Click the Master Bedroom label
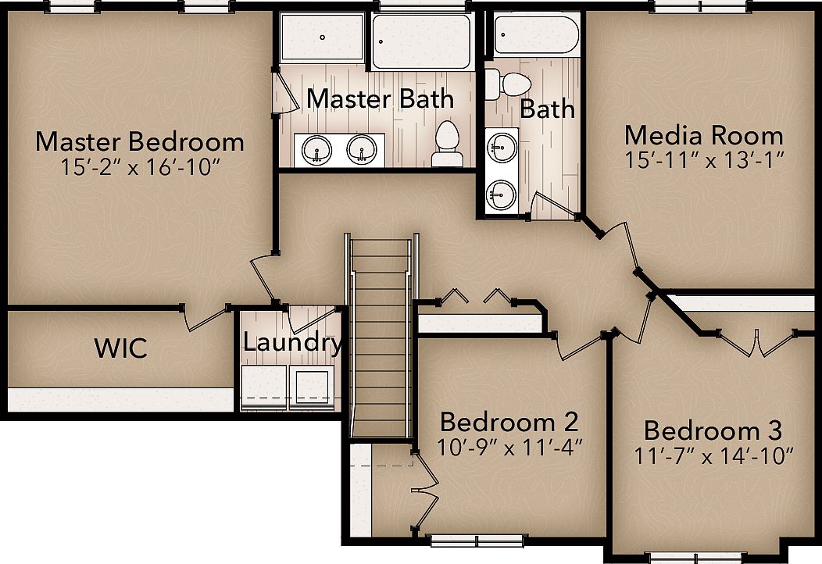pyautogui.click(x=140, y=142)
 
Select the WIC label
pyautogui.click(x=121, y=348)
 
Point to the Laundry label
pyautogui.click(x=291, y=342)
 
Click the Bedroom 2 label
pyautogui.click(x=509, y=423)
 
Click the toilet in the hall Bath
pyautogui.click(x=507, y=84)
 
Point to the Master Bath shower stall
pyautogui.click(x=322, y=37)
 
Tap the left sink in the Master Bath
pyautogui.click(x=317, y=148)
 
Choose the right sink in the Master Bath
pyautogui.click(x=361, y=148)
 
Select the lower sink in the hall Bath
pyautogui.click(x=500, y=191)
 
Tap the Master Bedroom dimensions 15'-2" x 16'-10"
pyautogui.click(x=140, y=167)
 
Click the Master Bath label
pyautogui.click(x=380, y=99)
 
